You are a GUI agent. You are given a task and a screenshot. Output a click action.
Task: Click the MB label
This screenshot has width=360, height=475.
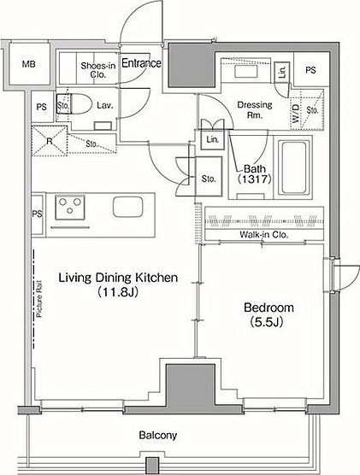point(29,64)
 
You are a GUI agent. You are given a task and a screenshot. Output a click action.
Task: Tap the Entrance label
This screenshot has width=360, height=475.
point(141,63)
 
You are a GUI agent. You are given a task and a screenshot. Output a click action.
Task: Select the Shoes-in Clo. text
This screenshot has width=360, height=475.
point(98,70)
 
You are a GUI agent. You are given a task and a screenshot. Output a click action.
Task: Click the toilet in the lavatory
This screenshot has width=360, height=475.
point(74,104)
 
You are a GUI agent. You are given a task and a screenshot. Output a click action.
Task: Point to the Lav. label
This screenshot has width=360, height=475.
point(105,105)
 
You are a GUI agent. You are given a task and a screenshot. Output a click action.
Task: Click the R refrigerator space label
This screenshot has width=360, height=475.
point(49,141)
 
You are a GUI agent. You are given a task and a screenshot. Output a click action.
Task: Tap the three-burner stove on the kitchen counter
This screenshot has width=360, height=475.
point(70,208)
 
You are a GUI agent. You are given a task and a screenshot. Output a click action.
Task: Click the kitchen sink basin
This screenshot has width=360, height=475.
point(128,207)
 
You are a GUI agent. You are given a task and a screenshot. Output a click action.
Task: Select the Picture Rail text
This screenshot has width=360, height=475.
point(39,299)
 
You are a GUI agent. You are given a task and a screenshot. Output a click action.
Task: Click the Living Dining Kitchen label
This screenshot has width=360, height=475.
point(118,278)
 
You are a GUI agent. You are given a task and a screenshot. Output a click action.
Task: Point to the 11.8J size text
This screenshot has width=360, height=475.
point(118,292)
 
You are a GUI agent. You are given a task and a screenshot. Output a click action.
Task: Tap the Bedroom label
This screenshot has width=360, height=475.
point(269,308)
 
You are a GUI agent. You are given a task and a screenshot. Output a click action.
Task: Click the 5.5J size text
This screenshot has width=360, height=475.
point(267,322)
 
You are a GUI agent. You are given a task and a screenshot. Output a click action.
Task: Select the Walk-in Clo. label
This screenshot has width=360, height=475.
point(263,234)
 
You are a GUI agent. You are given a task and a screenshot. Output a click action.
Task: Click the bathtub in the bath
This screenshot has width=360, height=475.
point(293,167)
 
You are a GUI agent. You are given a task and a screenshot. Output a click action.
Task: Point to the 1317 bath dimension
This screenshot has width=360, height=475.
point(254,179)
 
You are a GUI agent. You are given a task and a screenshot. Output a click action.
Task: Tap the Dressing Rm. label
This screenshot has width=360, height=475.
point(255,109)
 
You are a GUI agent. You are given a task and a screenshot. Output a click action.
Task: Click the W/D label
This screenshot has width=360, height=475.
point(296,114)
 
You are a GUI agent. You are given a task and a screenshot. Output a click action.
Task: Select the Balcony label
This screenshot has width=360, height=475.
point(158,436)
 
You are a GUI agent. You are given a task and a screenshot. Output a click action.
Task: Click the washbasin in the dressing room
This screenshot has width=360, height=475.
point(246,72)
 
